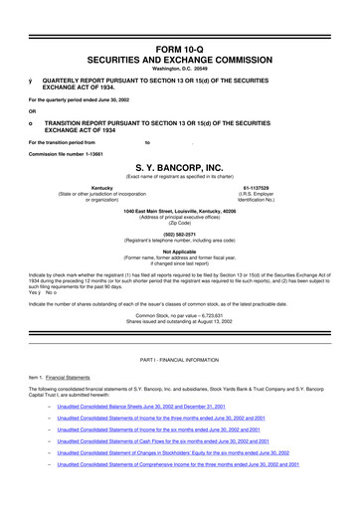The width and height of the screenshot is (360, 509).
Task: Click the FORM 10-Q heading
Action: point(180,48)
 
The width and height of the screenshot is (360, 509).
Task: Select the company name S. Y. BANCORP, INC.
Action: point(180,168)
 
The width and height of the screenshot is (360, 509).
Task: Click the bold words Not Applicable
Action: point(180,252)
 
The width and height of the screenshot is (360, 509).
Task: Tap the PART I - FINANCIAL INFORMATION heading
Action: point(180,385)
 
